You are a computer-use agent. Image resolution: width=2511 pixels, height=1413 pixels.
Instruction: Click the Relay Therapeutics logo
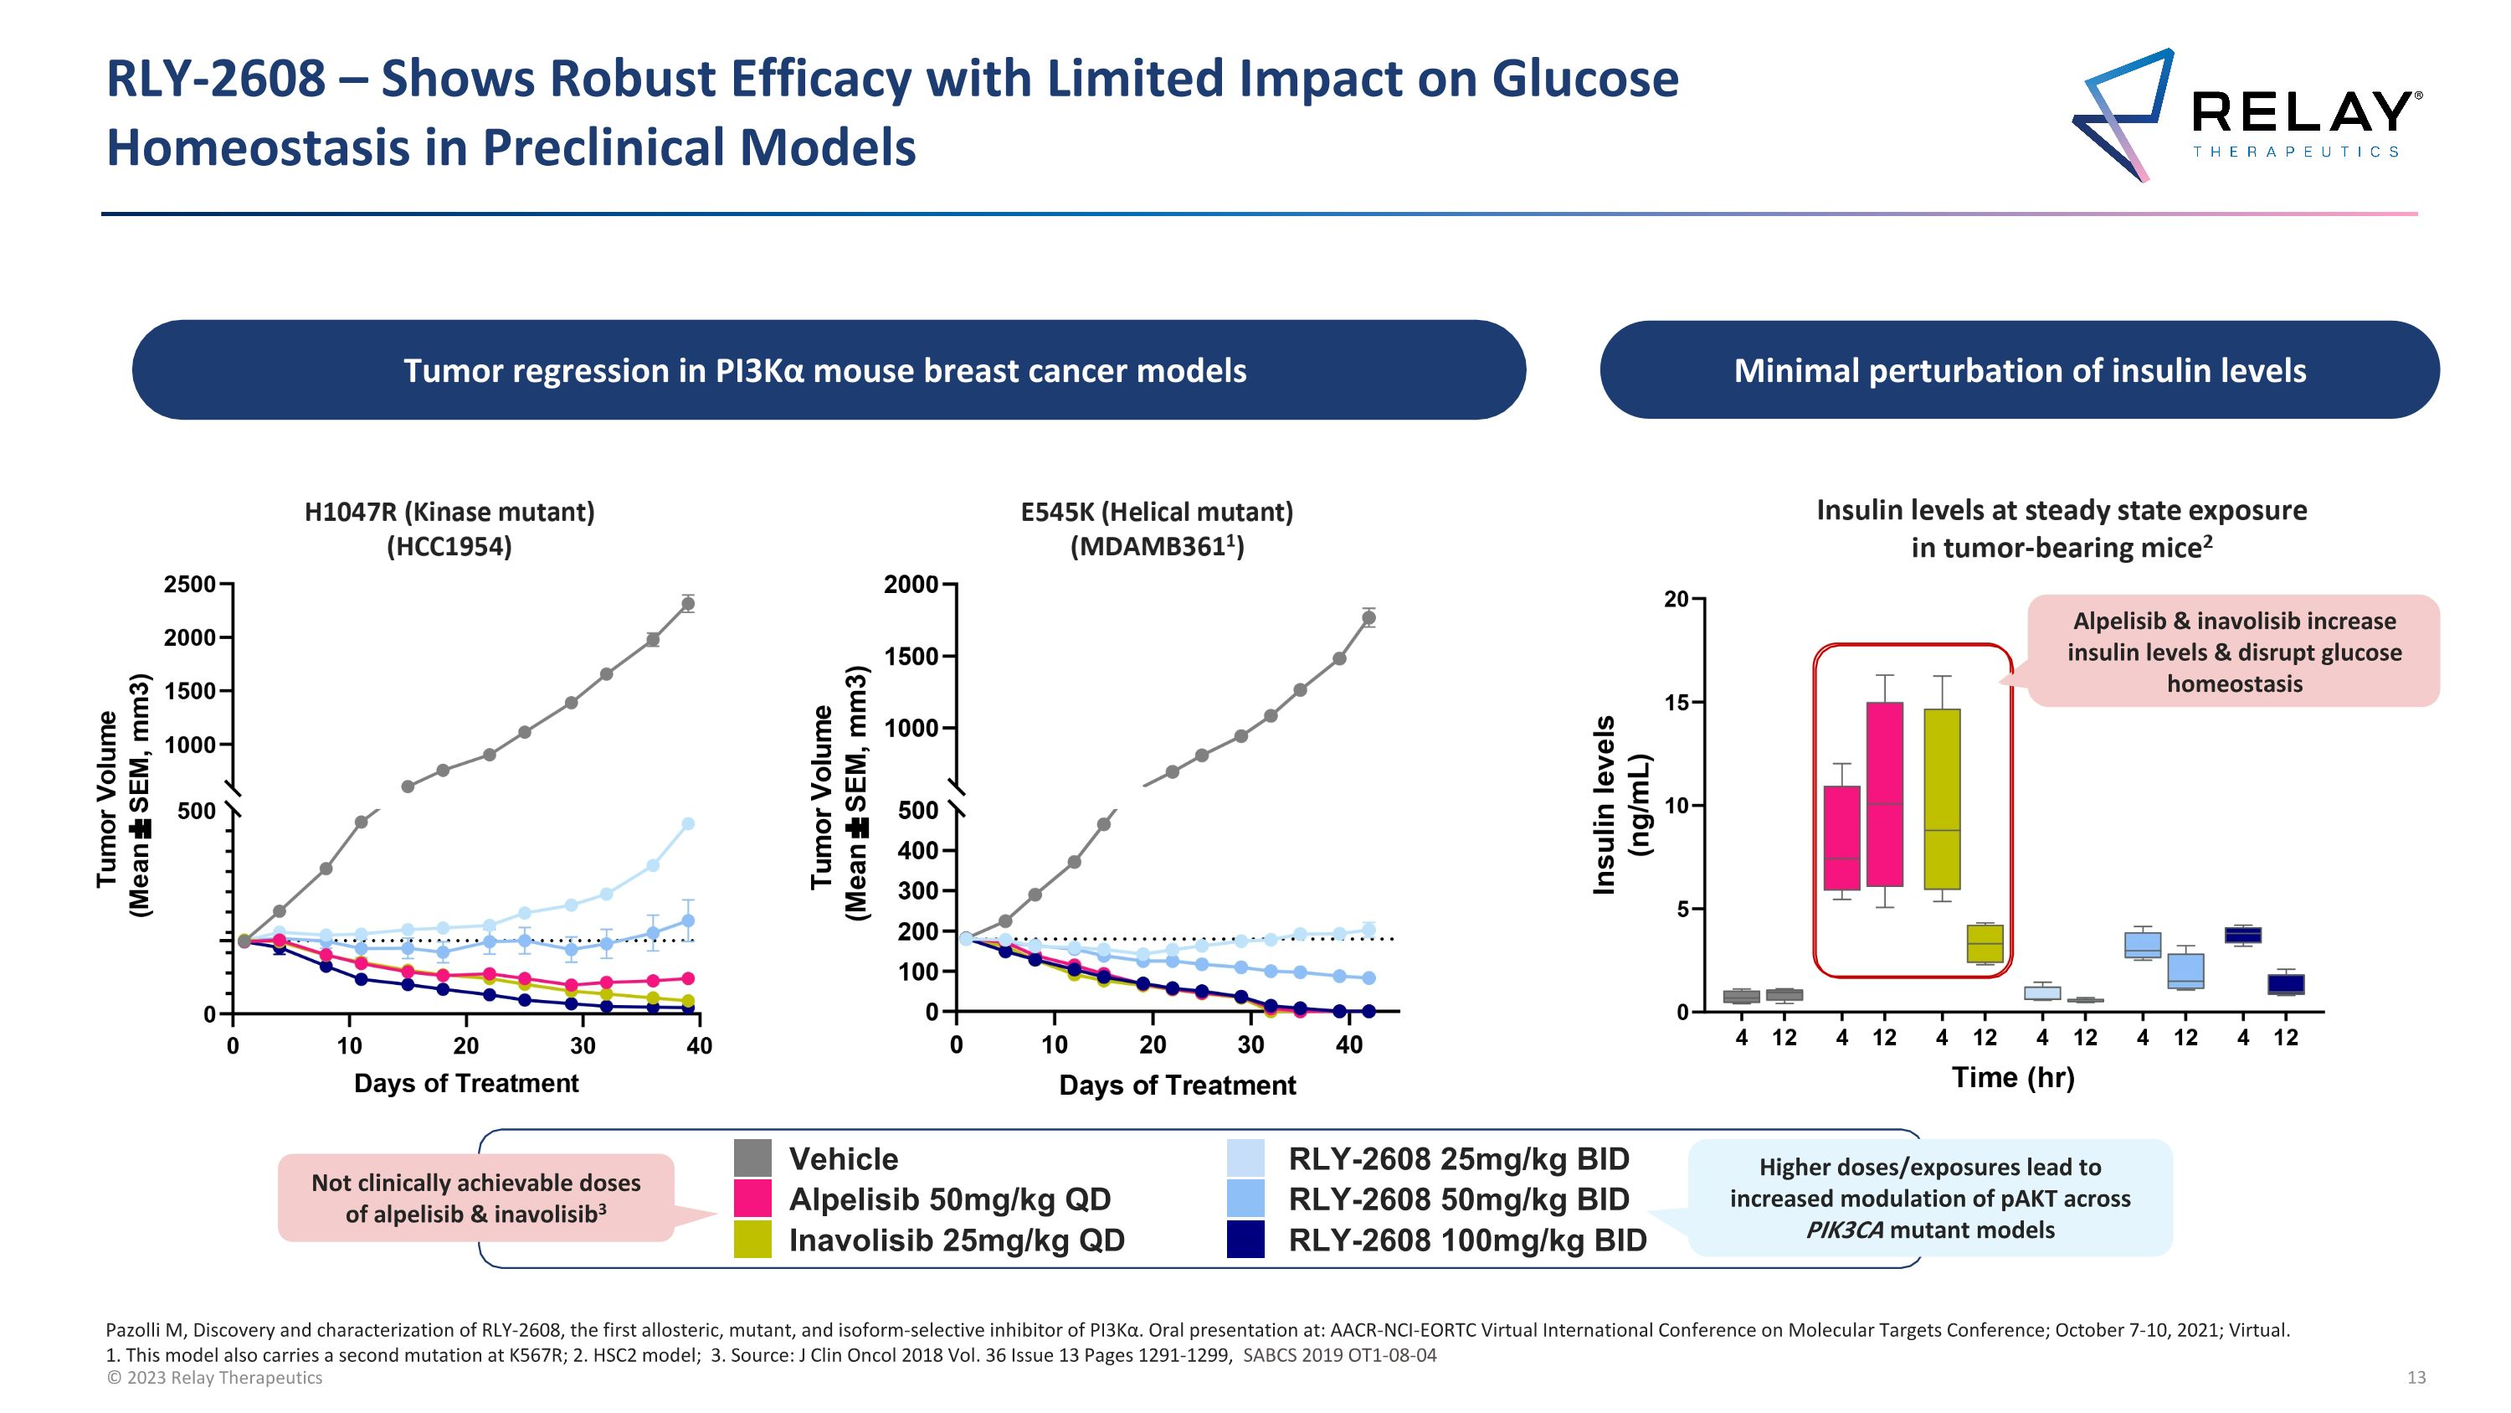[2247, 115]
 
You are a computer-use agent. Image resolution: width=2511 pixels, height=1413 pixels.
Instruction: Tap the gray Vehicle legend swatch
[752, 1158]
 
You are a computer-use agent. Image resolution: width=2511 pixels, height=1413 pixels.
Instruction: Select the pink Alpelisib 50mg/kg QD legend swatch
[752, 1199]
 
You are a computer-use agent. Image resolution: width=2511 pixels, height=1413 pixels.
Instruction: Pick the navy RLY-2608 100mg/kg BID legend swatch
[1245, 1240]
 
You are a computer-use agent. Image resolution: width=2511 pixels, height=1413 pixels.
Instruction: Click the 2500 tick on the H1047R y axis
[190, 584]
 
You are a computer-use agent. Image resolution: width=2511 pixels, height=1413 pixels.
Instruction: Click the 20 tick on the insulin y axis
[1676, 599]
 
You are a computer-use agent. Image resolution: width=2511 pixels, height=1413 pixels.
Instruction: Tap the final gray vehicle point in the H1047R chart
[688, 604]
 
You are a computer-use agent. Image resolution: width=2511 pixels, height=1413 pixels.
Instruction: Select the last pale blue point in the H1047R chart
[688, 824]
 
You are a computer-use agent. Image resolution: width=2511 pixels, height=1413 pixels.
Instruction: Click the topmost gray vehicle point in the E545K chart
[1368, 617]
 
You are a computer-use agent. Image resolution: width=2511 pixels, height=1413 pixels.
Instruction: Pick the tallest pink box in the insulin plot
[1884, 794]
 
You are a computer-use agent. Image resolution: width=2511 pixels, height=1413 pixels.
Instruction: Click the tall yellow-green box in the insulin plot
[1942, 799]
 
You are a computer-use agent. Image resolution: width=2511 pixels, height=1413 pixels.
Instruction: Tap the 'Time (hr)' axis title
[2013, 1076]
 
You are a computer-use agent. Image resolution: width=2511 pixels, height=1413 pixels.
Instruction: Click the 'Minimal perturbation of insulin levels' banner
[2019, 370]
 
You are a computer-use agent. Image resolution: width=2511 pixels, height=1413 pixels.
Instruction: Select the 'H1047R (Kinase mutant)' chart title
[449, 512]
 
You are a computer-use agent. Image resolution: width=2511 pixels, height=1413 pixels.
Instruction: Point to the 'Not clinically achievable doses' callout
[475, 1198]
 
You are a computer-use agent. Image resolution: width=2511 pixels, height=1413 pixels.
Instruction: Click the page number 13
[2416, 1377]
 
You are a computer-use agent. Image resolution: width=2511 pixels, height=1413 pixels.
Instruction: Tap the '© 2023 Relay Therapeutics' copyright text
[214, 1377]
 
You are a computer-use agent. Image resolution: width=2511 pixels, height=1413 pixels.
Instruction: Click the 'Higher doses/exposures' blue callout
[1930, 1198]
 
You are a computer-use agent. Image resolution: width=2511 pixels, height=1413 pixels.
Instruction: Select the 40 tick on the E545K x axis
[1348, 1045]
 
